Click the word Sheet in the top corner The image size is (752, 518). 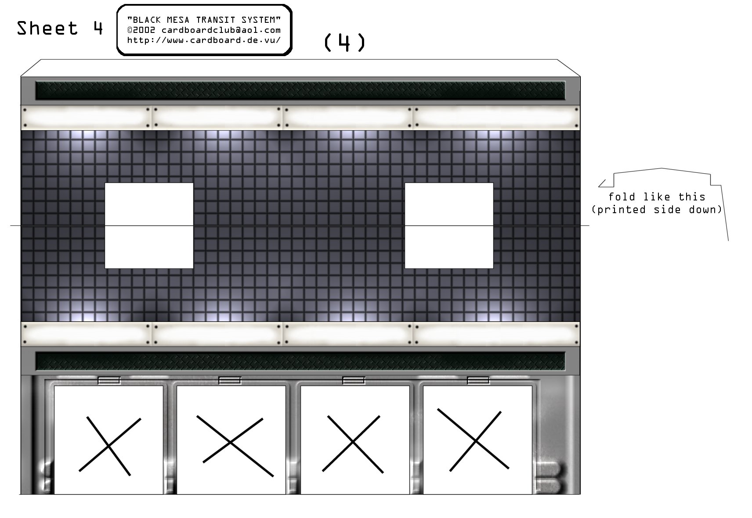(x=47, y=28)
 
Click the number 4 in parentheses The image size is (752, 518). (x=344, y=43)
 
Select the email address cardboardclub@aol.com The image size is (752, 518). (x=221, y=30)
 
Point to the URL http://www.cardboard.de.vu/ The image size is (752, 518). (x=204, y=40)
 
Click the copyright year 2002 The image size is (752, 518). (x=144, y=30)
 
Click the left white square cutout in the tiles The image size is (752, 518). (x=149, y=225)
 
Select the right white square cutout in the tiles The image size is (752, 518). (x=449, y=225)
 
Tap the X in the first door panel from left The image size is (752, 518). (x=109, y=446)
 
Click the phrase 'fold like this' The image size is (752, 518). (x=657, y=197)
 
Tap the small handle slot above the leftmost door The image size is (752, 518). (x=109, y=380)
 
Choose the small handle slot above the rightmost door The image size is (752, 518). (x=478, y=380)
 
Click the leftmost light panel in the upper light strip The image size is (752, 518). (x=86, y=118)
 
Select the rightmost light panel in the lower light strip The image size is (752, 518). (x=496, y=334)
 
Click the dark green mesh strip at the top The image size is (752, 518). (x=300, y=90)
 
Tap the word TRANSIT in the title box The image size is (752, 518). (x=216, y=20)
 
